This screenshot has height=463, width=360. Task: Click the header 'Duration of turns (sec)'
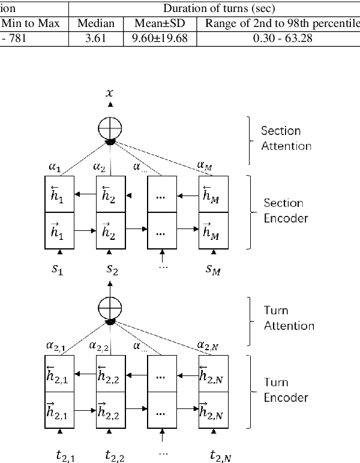point(214,9)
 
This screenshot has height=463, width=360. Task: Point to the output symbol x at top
point(109,93)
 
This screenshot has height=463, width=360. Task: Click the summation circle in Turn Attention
point(110,307)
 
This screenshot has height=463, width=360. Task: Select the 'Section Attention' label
point(286,138)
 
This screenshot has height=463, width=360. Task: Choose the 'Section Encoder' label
point(286,211)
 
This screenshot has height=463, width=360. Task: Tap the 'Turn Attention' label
point(289,318)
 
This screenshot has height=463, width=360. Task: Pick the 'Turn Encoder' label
point(286,390)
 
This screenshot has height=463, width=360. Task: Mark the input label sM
point(212,270)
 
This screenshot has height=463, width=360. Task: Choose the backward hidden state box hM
point(213,194)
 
